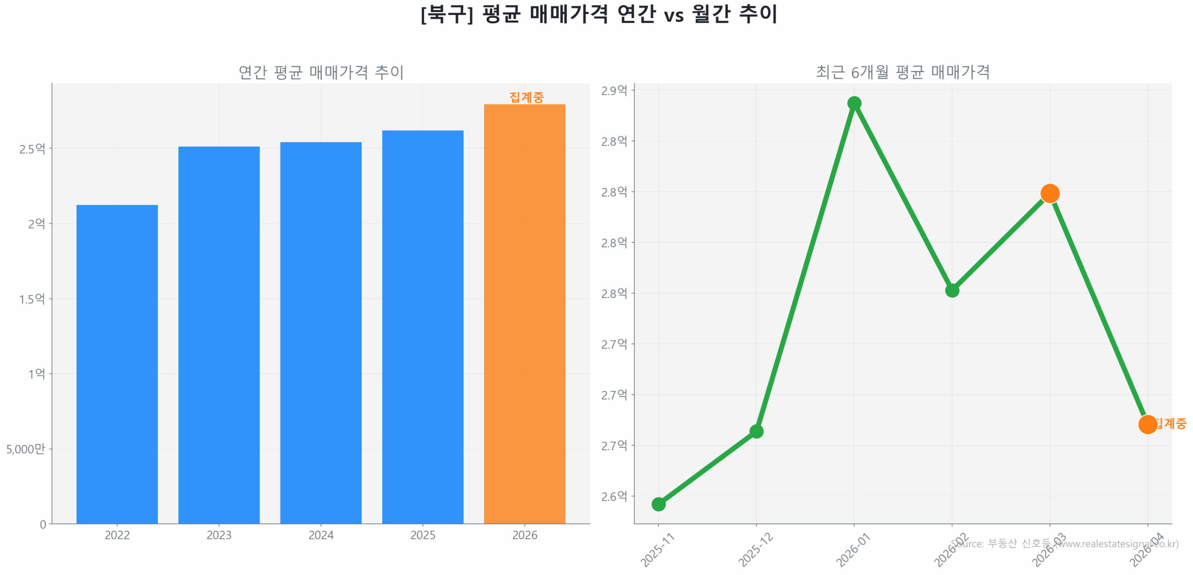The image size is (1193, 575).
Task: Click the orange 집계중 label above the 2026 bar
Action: (526, 97)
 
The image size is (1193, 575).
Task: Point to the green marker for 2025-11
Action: (658, 504)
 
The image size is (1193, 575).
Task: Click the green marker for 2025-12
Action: (756, 431)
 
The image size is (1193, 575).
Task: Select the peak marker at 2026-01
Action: (854, 103)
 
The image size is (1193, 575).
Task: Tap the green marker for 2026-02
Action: (952, 290)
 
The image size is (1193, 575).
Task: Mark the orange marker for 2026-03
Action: (1049, 193)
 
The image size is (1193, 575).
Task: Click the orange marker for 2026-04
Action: (1147, 424)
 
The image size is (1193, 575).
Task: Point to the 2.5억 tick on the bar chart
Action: (32, 149)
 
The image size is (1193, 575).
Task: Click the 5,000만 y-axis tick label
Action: (26, 449)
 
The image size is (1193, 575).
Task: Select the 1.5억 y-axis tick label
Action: (32, 299)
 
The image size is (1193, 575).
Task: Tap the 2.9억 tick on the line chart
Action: (614, 90)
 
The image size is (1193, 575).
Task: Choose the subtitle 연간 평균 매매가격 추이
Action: (321, 72)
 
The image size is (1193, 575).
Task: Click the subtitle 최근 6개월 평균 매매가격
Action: (902, 72)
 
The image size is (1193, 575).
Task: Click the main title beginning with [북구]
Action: (598, 14)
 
